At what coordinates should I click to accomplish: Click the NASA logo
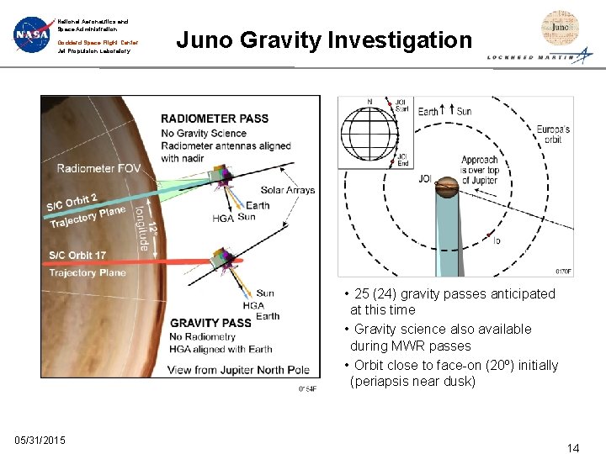pyautogui.click(x=33, y=35)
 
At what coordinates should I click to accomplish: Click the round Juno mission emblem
pyautogui.click(x=560, y=29)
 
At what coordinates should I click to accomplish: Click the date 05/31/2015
pyautogui.click(x=40, y=441)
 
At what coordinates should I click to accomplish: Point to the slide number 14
pyautogui.click(x=572, y=447)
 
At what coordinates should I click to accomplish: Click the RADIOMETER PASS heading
pyautogui.click(x=215, y=119)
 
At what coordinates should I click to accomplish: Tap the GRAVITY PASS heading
pyautogui.click(x=211, y=323)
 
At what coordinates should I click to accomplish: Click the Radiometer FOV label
pyautogui.click(x=98, y=168)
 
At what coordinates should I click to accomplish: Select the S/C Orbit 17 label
pyautogui.click(x=77, y=255)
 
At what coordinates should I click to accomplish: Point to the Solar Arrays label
pyautogui.click(x=288, y=190)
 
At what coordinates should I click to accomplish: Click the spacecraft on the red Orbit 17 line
pyautogui.click(x=223, y=258)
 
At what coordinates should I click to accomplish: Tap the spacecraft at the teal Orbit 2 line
pyautogui.click(x=221, y=175)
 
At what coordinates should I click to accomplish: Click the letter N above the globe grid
pyautogui.click(x=369, y=103)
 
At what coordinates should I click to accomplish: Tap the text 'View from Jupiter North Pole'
pyautogui.click(x=239, y=370)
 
